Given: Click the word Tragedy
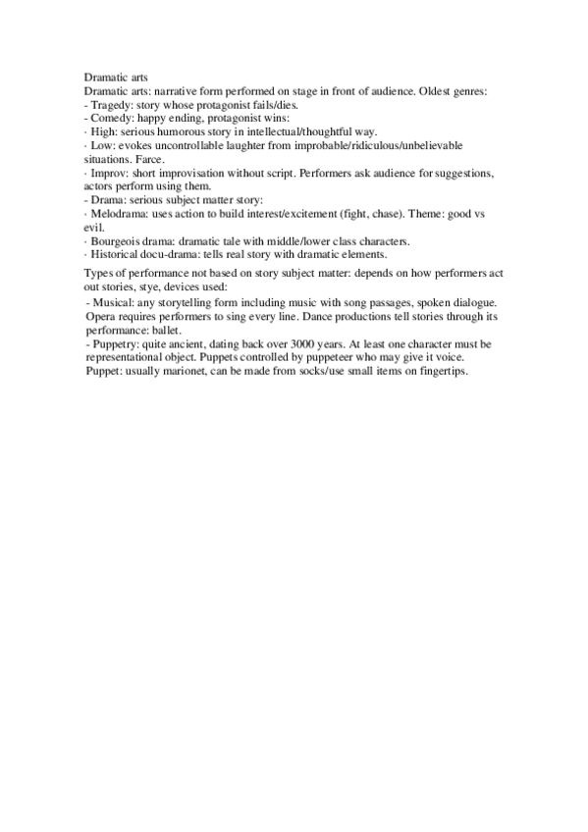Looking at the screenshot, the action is [x=111, y=104].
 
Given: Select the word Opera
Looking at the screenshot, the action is [x=103, y=319].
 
